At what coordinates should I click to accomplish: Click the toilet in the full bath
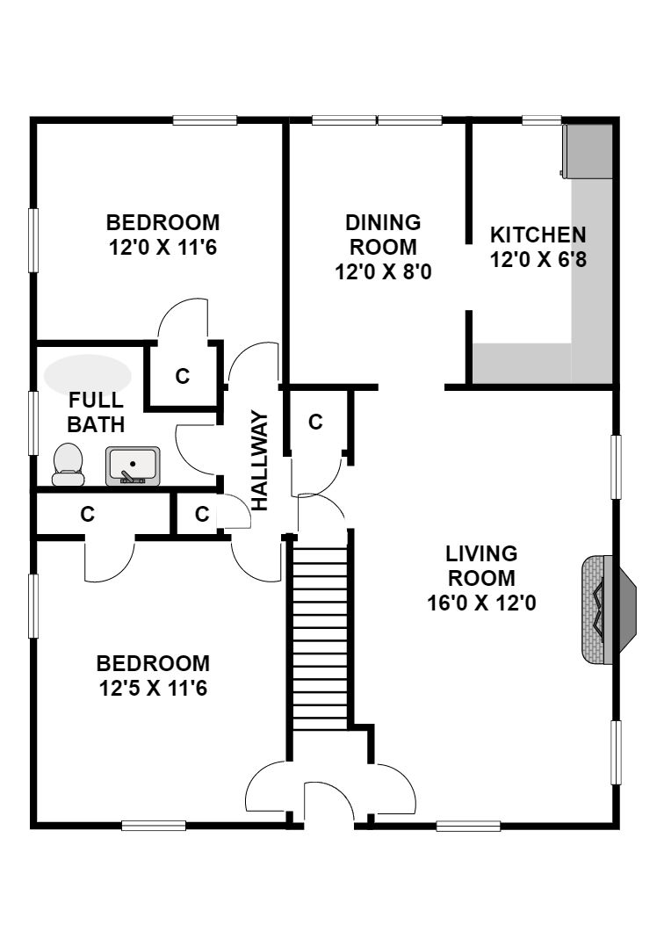68,464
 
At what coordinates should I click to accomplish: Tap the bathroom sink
133,466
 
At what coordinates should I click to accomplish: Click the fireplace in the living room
609,610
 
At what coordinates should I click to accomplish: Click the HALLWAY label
259,460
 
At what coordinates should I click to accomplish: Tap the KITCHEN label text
538,235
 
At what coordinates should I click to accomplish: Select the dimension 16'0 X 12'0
481,603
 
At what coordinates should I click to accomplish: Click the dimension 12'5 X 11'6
154,689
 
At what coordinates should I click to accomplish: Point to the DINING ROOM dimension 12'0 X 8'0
383,272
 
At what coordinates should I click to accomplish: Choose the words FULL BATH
96,412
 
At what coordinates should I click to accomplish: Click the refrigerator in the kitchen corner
587,151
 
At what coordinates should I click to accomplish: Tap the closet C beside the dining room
315,423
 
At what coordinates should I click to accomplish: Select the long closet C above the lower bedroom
88,514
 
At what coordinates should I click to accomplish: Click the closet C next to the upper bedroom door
182,376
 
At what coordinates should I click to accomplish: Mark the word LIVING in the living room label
481,554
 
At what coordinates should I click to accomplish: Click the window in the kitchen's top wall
542,120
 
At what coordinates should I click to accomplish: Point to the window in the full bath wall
33,423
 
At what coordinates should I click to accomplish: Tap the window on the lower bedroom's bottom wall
154,825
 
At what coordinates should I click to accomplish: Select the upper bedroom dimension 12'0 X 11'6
162,248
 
